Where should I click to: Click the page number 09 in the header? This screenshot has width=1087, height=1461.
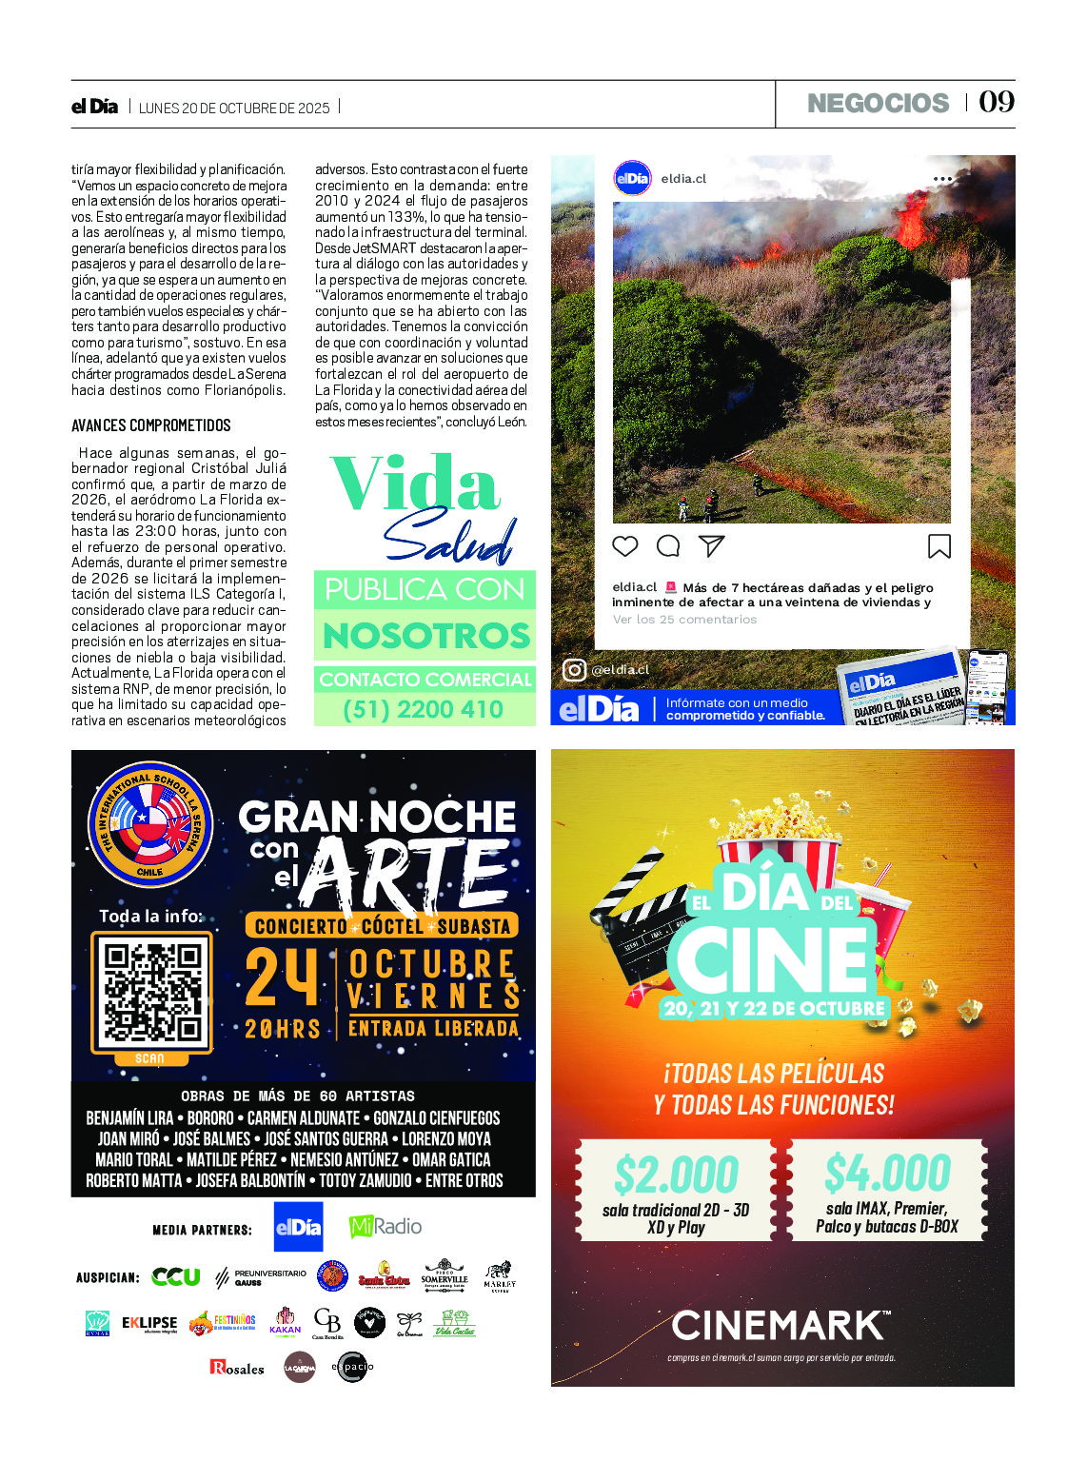pyautogui.click(x=997, y=102)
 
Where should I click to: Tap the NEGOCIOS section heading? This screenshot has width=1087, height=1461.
pyautogui.click(x=878, y=103)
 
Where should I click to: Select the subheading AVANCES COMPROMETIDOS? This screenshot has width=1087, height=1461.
pyautogui.click(x=151, y=425)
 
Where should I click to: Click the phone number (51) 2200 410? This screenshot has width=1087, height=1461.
pyautogui.click(x=424, y=709)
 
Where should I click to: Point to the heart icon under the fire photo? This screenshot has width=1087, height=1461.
pyautogui.click(x=624, y=545)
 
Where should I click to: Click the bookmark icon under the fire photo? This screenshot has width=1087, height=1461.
pyautogui.click(x=939, y=545)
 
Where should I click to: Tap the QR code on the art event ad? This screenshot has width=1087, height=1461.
pyautogui.click(x=152, y=993)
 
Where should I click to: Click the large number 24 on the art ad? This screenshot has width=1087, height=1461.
pyautogui.click(x=282, y=977)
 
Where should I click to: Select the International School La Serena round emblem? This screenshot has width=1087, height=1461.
pyautogui.click(x=149, y=824)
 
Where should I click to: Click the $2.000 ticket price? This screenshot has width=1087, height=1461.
pyautogui.click(x=676, y=1175)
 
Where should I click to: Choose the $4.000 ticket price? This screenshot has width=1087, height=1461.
pyautogui.click(x=887, y=1173)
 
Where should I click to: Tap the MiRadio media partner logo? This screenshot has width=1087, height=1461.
pyautogui.click(x=385, y=1226)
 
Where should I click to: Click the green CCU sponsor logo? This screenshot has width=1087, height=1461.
pyautogui.click(x=176, y=1276)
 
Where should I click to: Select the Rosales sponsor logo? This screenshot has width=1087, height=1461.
pyautogui.click(x=237, y=1368)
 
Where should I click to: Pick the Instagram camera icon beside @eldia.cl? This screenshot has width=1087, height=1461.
pyautogui.click(x=574, y=670)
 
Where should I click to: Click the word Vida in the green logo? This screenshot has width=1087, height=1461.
pyautogui.click(x=415, y=484)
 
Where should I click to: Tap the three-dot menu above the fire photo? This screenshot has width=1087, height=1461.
pyautogui.click(x=942, y=179)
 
